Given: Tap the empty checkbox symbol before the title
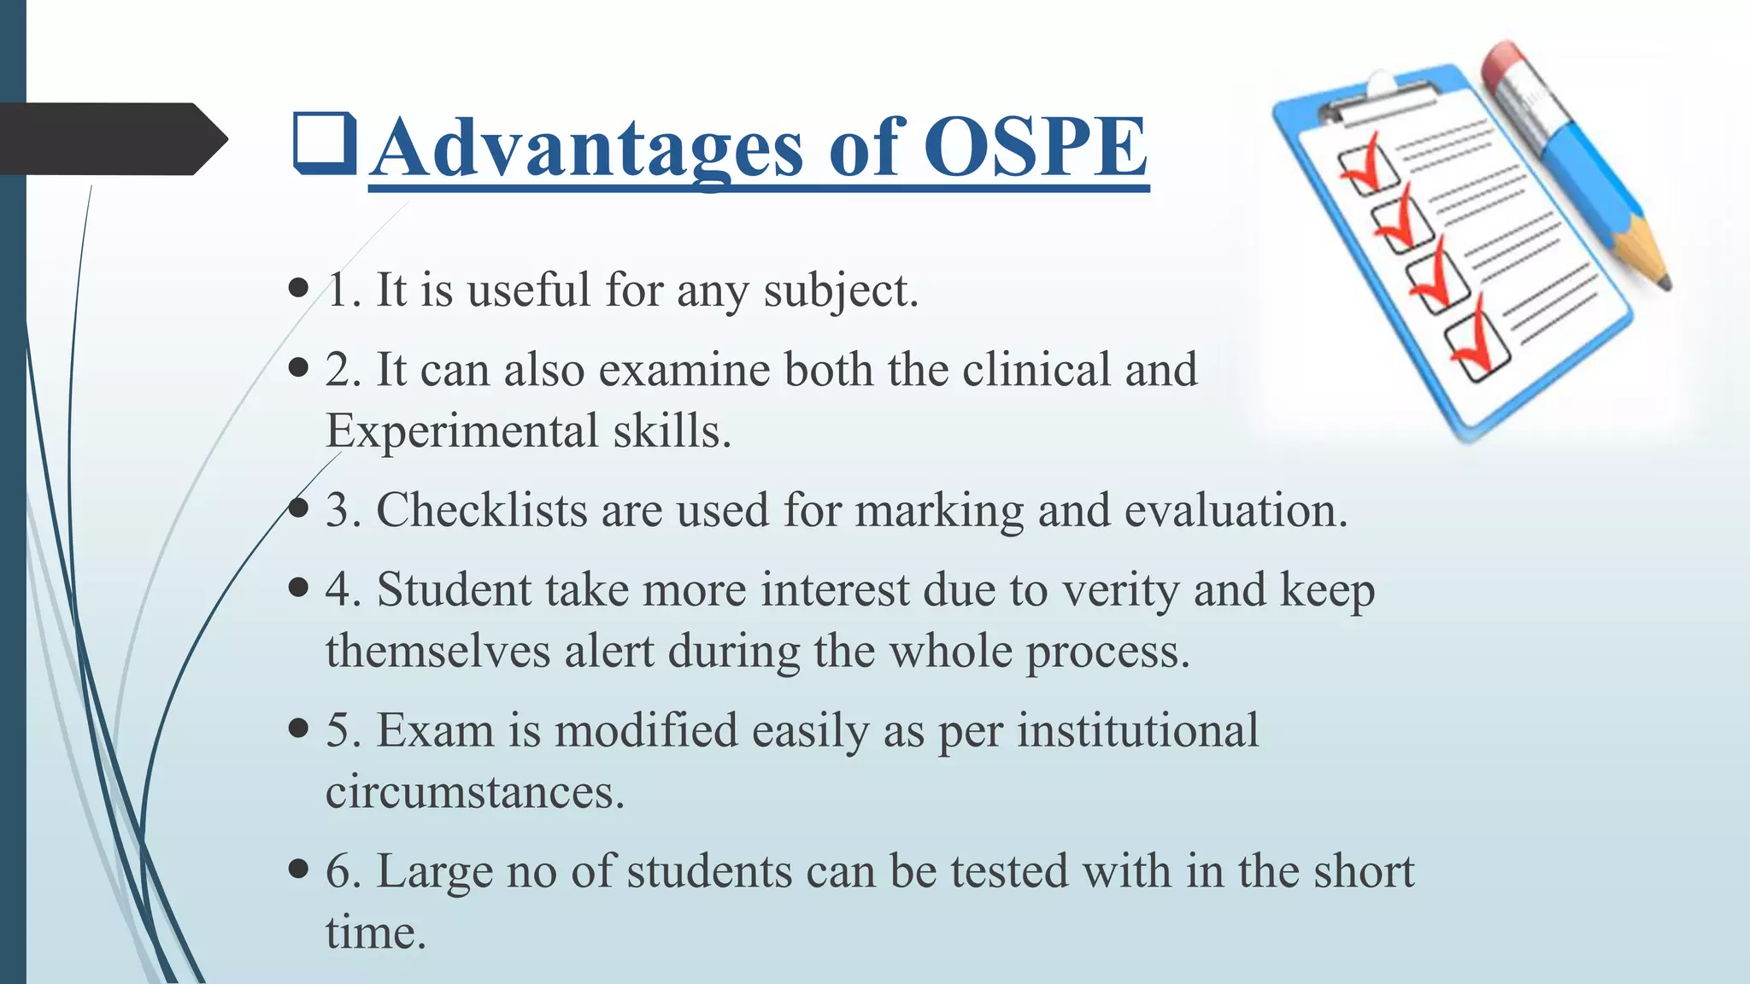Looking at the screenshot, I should pyautogui.click(x=324, y=143).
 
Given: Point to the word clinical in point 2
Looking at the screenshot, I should pyautogui.click(x=1036, y=370).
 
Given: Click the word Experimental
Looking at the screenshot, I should pyautogui.click(x=461, y=430).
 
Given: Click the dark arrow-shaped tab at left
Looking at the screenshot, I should pyautogui.click(x=111, y=139).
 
